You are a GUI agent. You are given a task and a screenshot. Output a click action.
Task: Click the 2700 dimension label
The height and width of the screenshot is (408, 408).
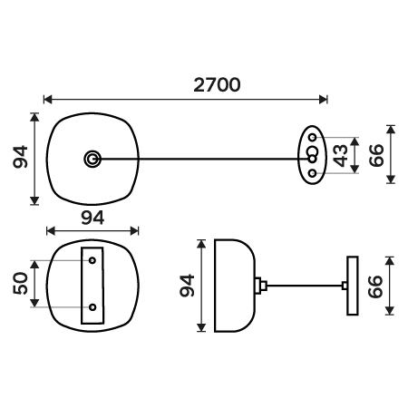point(217,85)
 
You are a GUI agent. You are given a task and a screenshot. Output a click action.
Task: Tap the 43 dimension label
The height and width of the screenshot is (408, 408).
point(340,155)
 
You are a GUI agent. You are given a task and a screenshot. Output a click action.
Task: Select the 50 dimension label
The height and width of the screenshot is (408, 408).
point(20,283)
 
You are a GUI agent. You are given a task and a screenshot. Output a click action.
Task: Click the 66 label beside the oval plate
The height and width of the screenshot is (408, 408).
point(376,155)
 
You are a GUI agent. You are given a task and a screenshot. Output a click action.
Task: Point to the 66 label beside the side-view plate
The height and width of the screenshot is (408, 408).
point(375,287)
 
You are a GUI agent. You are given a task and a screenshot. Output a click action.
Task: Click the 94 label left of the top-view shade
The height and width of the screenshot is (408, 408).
point(20,157)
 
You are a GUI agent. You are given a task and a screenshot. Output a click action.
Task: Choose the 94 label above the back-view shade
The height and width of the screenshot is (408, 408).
point(92,218)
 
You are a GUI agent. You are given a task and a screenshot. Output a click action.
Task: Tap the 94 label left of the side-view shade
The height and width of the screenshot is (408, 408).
point(187,286)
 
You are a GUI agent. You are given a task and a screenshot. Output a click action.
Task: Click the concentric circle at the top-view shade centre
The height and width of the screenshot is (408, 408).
point(92,159)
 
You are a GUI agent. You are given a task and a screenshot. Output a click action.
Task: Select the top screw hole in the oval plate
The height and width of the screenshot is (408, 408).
point(313,137)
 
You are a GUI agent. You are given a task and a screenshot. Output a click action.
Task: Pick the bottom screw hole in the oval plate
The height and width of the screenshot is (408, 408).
point(313,173)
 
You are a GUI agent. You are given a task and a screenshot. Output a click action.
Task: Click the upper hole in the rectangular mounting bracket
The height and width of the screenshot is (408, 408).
point(92,260)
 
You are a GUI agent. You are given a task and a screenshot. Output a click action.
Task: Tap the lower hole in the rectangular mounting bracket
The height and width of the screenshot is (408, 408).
point(92,307)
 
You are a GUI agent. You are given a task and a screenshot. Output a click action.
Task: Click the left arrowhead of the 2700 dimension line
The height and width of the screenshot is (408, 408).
point(48,99)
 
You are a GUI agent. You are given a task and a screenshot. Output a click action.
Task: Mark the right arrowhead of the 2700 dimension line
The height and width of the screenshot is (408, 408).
point(324,99)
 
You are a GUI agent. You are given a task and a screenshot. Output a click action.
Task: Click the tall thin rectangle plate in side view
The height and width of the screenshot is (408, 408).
point(353,286)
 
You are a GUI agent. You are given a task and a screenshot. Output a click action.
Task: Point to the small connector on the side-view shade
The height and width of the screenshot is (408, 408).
point(261,286)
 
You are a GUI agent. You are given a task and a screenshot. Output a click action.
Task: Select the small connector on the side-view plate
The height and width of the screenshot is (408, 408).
point(345,286)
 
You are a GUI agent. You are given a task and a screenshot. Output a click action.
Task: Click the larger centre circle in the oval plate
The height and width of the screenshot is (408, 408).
point(312,151)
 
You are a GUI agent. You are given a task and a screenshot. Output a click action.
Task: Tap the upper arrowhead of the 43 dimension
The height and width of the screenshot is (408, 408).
point(355,141)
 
